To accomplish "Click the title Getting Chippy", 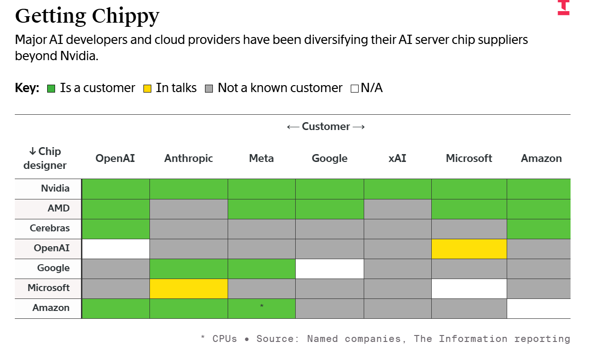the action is (x=87, y=17).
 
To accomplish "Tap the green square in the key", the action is (x=51, y=88).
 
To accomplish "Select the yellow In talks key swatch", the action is (x=147, y=88).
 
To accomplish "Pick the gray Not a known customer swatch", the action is (x=209, y=88).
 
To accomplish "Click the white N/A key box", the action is (x=354, y=88).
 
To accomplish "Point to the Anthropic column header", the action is (x=188, y=158).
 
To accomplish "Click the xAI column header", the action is (x=397, y=158).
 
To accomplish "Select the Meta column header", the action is (x=261, y=158).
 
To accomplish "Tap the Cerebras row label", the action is (x=50, y=228).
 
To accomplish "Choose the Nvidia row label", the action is (x=55, y=188).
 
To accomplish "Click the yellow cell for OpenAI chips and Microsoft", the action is (x=469, y=249).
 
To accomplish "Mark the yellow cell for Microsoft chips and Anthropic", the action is (x=189, y=289).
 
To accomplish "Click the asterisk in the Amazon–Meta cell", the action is (x=261, y=306).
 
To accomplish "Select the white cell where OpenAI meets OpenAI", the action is (x=116, y=249).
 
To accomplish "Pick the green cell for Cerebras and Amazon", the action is (x=539, y=229).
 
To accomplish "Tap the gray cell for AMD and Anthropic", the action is (x=189, y=209).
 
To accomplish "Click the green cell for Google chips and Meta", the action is (x=261, y=269).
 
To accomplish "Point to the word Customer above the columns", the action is (x=326, y=127).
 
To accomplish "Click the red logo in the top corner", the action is (x=564, y=7).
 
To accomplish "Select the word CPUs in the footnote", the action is (x=224, y=339).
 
